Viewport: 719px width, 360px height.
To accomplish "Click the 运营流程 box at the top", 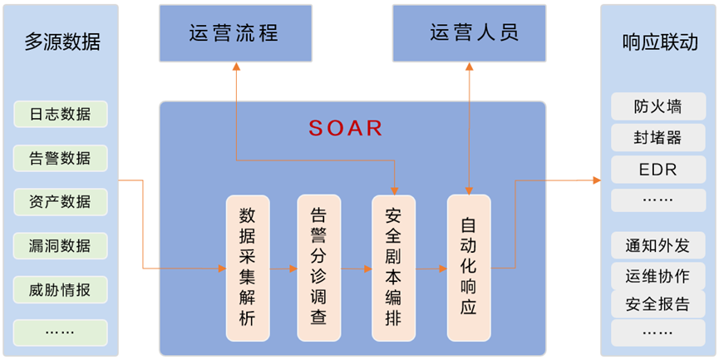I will tap(235, 33).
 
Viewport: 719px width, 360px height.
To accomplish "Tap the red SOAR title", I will tap(346, 128).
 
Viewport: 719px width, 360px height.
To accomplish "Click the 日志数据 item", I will tap(61, 114).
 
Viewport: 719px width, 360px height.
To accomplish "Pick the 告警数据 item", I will tap(61, 158).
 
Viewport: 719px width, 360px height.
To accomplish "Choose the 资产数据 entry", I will tap(61, 202).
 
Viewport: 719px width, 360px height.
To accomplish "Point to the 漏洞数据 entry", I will tap(61, 246).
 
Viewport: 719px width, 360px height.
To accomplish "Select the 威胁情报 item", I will tap(61, 289).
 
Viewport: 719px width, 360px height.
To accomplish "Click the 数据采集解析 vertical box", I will tap(248, 267).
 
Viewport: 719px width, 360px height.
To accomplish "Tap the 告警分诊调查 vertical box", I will tap(318, 267).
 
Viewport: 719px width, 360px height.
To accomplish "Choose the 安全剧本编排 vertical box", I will tap(394, 267).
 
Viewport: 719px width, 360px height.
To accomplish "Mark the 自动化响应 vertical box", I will tap(469, 267).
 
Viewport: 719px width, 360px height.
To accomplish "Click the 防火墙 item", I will tap(657, 106).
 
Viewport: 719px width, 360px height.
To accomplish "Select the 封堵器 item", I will tap(657, 138).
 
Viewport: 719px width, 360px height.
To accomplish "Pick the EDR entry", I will tap(657, 170).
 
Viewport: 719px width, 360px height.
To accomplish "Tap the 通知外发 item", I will tap(657, 246).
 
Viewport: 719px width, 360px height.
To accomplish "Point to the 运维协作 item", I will tap(657, 275).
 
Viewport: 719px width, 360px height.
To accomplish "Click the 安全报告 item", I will tap(657, 303).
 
